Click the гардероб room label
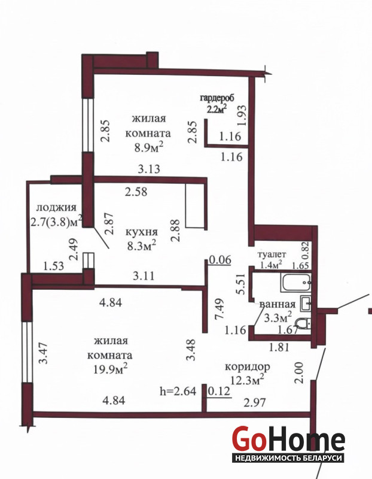point(217,98)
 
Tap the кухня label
point(142,232)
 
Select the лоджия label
point(56,208)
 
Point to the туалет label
point(272,254)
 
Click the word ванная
point(278,304)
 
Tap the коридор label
point(248,366)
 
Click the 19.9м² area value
point(111,369)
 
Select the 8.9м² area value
point(148,148)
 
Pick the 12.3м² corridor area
point(248,380)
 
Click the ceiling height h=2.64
point(178,392)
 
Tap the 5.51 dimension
point(240,283)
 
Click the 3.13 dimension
point(149,169)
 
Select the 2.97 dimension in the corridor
point(255,402)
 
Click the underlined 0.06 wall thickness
point(220,260)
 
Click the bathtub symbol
point(296,283)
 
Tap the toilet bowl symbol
point(303,323)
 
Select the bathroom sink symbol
point(306,304)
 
